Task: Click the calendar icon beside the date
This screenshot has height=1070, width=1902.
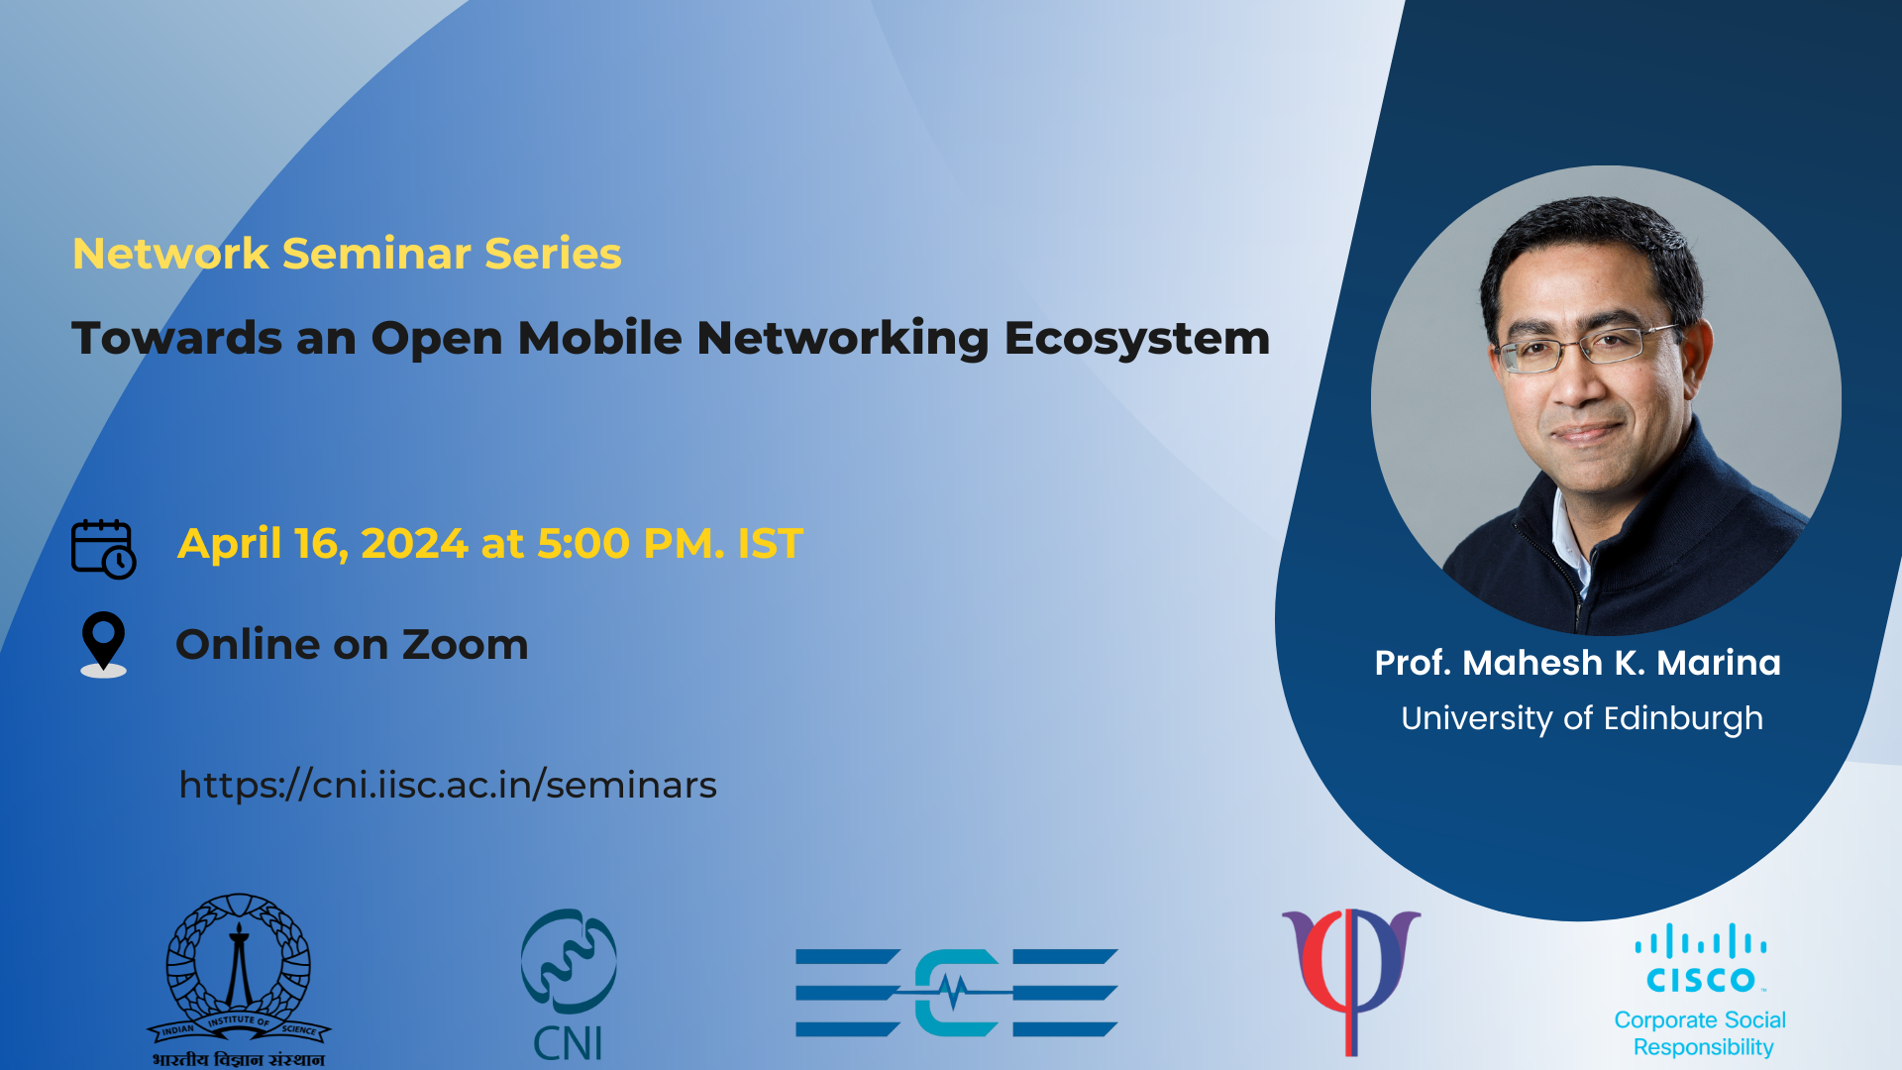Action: [103, 548]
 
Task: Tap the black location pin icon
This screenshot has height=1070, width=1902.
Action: [103, 644]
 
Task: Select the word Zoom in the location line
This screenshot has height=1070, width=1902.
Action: [465, 645]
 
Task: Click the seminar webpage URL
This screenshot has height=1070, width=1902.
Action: [448, 785]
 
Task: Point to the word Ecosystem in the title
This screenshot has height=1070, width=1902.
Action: [1137, 340]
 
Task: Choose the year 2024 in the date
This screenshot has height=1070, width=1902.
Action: [414, 544]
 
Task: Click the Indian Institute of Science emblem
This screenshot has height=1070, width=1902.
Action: [239, 980]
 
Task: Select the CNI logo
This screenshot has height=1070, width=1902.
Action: [569, 985]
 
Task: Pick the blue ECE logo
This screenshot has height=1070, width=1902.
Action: [957, 993]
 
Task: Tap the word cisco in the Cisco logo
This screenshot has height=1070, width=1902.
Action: [1701, 980]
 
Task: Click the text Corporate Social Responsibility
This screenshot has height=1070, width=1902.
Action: [1701, 1033]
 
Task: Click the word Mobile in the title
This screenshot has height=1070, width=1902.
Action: [600, 338]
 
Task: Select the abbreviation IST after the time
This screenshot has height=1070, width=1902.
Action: [771, 544]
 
